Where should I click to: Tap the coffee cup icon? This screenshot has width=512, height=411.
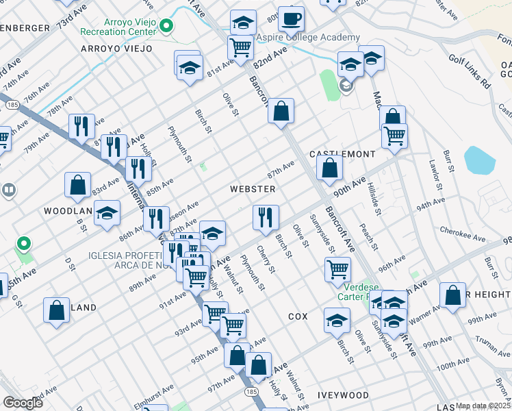292,19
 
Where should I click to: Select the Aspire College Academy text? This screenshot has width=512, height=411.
308,38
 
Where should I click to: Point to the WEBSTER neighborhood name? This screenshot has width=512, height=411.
253,189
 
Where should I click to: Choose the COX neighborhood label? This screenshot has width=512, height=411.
298,316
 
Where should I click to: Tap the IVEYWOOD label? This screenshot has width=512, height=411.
343,396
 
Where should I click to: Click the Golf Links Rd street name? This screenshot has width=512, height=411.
470,72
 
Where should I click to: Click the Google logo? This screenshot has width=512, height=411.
23,403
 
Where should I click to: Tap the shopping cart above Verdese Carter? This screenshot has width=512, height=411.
338,269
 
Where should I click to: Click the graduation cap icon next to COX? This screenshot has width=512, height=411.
337,320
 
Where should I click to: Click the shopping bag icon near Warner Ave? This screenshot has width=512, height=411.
453,295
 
